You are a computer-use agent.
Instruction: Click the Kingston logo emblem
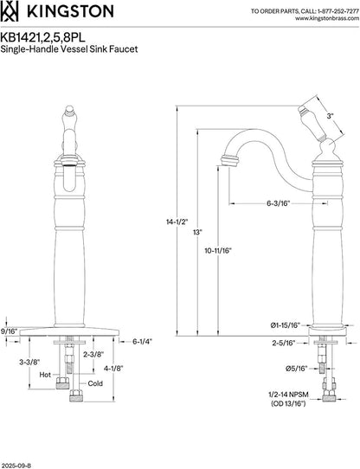(x=9, y=11)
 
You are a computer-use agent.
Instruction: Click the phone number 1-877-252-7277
(x=337, y=11)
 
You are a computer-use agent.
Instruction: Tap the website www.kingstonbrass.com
(x=327, y=18)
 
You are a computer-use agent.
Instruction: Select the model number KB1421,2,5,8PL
(x=42, y=38)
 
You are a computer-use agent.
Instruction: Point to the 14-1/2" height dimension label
(x=177, y=222)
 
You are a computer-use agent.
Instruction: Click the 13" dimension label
(x=198, y=232)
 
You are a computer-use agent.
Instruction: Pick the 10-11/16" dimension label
(x=218, y=251)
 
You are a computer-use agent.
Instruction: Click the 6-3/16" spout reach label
(x=279, y=203)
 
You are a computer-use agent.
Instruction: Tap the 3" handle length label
(x=330, y=116)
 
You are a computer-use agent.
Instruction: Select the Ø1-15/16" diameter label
(x=286, y=325)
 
